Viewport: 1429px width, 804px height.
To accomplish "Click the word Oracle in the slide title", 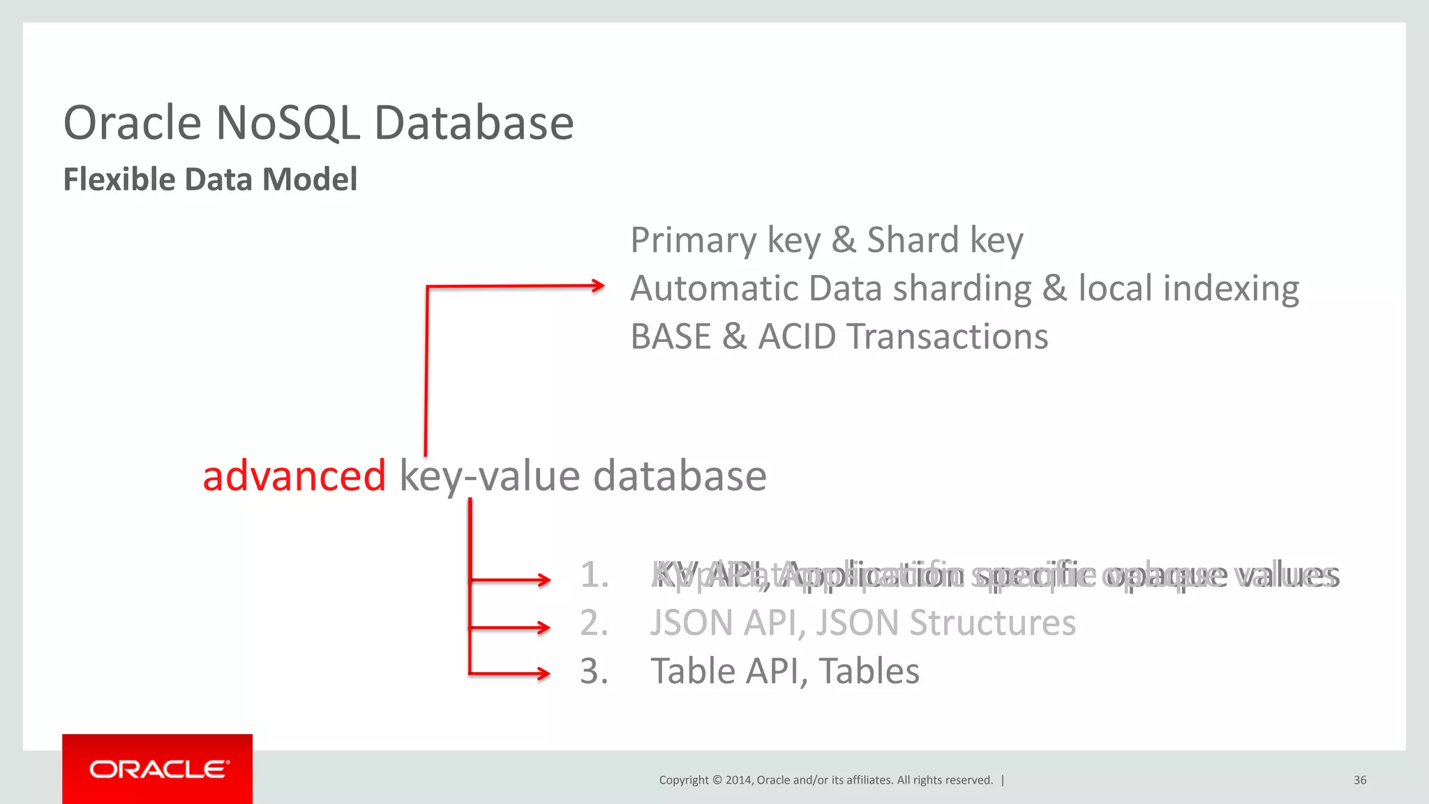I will tap(133, 124).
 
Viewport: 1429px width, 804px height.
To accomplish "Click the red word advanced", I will tap(294, 476).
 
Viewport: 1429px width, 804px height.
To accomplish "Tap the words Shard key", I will tap(945, 241).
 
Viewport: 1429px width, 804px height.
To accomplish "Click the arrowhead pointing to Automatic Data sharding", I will tap(598, 285).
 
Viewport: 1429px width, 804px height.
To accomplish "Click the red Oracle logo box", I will tap(157, 768).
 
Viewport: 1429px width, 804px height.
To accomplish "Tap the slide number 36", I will tap(1360, 780).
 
